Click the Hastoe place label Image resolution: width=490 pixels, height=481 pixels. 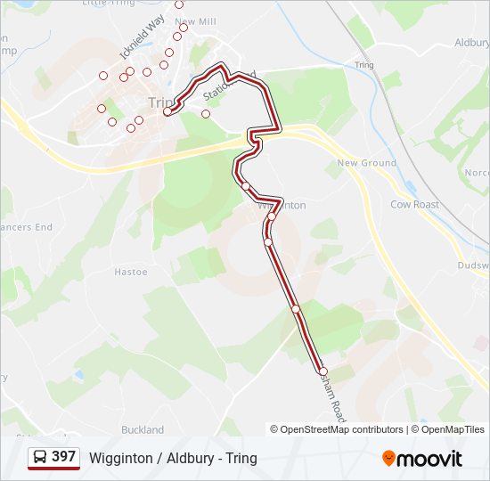click(130, 272)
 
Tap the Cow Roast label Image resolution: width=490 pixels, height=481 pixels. click(415, 204)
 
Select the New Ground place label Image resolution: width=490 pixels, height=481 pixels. click(366, 163)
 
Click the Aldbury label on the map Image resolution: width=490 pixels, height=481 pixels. click(472, 42)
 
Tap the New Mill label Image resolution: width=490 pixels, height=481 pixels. click(196, 20)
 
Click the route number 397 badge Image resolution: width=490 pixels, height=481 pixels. click(63, 457)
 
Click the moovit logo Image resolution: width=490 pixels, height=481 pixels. click(422, 458)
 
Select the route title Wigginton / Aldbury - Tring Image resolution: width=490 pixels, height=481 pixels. click(173, 458)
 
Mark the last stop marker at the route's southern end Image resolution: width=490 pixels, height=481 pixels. click(323, 371)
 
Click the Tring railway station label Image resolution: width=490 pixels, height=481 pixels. click(363, 65)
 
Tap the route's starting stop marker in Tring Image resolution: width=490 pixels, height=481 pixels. click(167, 111)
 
